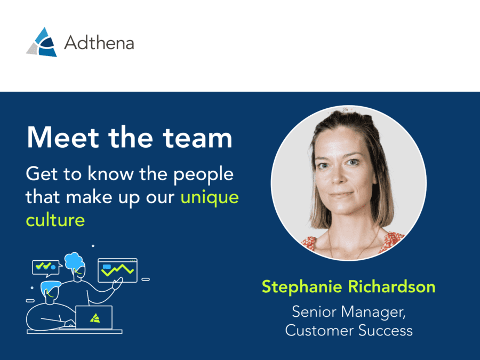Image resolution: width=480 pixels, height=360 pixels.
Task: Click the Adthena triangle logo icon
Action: [42, 42]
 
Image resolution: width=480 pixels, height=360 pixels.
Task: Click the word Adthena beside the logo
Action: [99, 42]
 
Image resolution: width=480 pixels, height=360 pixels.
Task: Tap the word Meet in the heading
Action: [63, 138]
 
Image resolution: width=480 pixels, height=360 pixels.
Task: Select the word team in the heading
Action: [197, 138]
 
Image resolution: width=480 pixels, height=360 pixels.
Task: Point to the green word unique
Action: [210, 198]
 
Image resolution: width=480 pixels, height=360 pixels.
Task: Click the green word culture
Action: [55, 220]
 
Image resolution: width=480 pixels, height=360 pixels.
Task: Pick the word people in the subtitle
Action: [204, 175]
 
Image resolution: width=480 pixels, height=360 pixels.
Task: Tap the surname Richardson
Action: [391, 286]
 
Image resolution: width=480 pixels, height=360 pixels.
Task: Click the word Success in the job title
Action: [386, 331]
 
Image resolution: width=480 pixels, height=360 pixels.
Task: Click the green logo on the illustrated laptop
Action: [95, 318]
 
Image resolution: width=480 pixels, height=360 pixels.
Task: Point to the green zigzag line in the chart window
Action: [118, 270]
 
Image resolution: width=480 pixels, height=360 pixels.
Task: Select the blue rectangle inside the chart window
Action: [107, 266]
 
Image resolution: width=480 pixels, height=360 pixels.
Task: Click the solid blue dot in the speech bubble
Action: [53, 267]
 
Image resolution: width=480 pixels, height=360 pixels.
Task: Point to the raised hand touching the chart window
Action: [118, 283]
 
